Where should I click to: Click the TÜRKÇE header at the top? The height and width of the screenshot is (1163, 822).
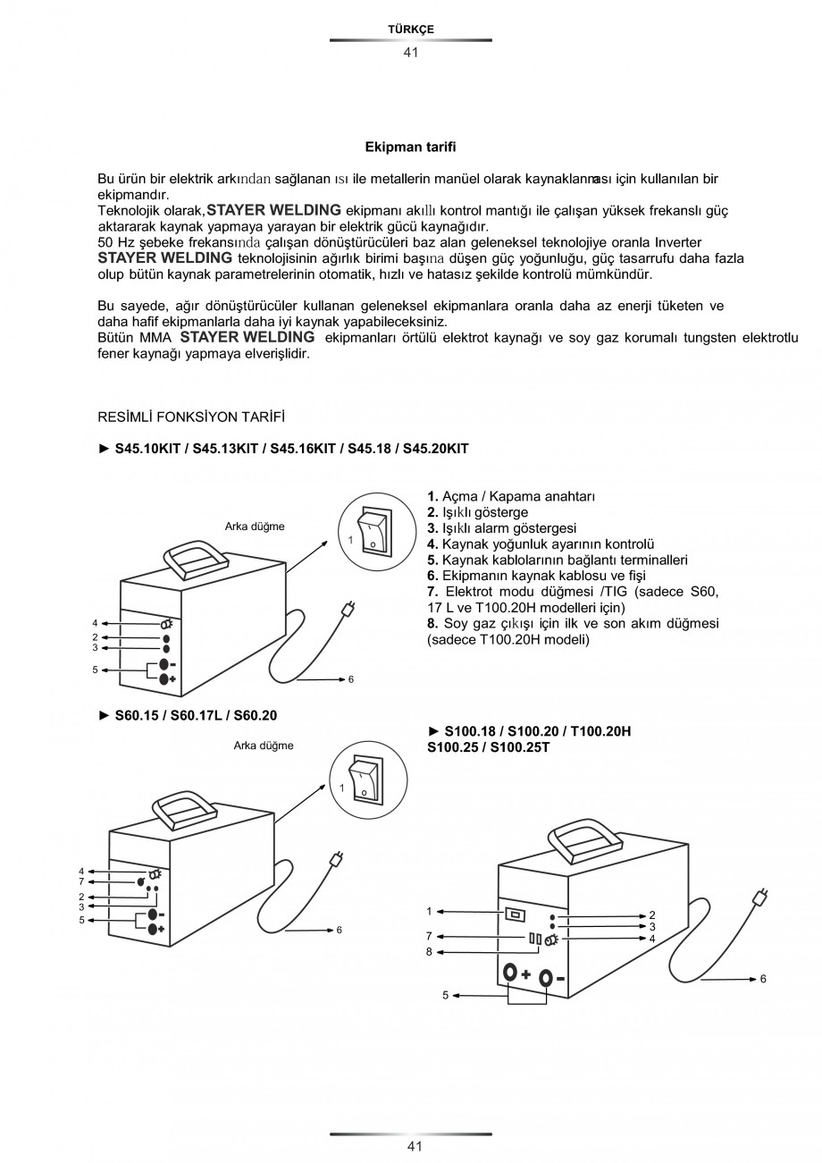pos(410,29)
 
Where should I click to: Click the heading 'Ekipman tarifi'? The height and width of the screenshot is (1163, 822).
pos(410,146)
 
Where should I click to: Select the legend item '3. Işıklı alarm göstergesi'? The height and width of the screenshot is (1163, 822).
pos(501,527)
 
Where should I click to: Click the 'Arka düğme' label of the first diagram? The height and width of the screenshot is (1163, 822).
pos(255,527)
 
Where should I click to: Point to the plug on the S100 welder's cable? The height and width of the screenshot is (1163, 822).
pos(761,897)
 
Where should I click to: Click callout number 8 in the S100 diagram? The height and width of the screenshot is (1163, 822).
pos(429,952)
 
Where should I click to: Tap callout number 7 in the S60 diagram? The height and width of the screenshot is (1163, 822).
pos(81,881)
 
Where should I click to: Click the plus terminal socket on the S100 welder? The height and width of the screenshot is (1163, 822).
pos(510,973)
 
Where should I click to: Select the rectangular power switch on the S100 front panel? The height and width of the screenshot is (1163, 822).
pos(515,914)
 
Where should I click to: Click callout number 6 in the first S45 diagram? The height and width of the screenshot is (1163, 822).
pos(351,679)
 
